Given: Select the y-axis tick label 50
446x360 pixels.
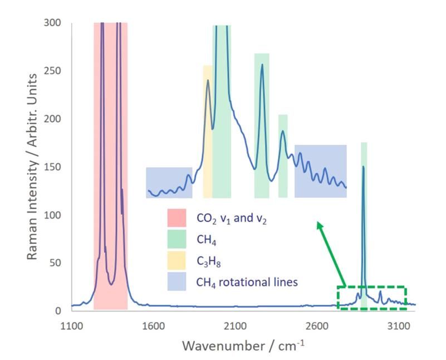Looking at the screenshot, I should pyautogui.click(x=55, y=262).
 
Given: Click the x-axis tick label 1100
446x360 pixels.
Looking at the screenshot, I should pyautogui.click(x=71, y=325).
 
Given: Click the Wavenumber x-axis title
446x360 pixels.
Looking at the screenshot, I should pyautogui.click(x=243, y=346).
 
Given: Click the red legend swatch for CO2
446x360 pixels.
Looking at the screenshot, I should pyautogui.click(x=177, y=218).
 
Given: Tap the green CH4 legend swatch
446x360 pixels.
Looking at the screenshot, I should pyautogui.click(x=177, y=240).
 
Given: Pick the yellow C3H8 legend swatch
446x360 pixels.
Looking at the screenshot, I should pyautogui.click(x=177, y=261).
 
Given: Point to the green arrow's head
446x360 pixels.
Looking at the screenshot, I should pyautogui.click(x=318, y=223).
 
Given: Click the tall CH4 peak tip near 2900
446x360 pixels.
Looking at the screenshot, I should pyautogui.click(x=363, y=167).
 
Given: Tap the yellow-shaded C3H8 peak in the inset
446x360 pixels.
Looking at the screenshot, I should pyautogui.click(x=208, y=81).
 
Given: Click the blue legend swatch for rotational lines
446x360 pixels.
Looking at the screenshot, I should pyautogui.click(x=177, y=281).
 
